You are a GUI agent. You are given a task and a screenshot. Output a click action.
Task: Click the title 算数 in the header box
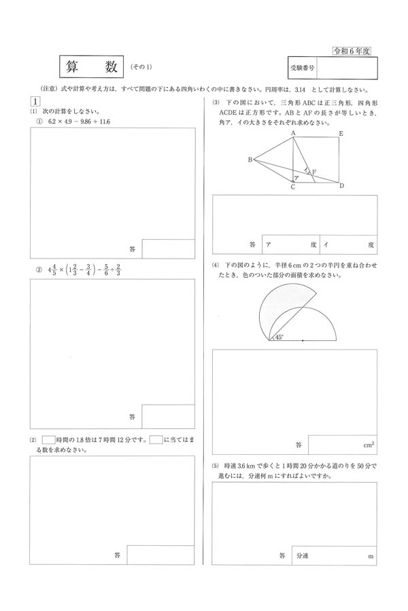92,67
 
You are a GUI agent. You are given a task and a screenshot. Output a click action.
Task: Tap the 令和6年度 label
354,51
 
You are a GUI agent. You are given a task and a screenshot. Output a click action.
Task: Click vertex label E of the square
341,134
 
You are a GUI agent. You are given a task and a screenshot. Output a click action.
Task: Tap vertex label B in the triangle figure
250,160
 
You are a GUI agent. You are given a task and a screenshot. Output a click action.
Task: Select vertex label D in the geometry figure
341,186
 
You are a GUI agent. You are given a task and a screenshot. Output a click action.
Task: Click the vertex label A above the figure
292,133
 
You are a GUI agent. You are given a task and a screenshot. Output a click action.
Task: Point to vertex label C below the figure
292,187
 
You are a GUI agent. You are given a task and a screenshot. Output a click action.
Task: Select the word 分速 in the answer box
303,555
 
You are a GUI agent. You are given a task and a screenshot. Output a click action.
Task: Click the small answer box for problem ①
169,248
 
